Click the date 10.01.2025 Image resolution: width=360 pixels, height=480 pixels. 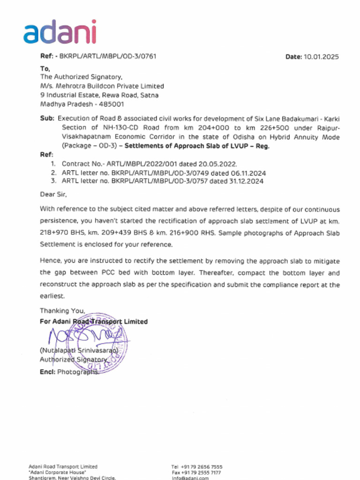point(321,57)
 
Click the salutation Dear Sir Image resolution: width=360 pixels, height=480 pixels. point(53,194)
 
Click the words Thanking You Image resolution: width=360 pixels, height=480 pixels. point(62,310)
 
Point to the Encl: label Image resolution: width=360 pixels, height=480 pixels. point(47,372)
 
